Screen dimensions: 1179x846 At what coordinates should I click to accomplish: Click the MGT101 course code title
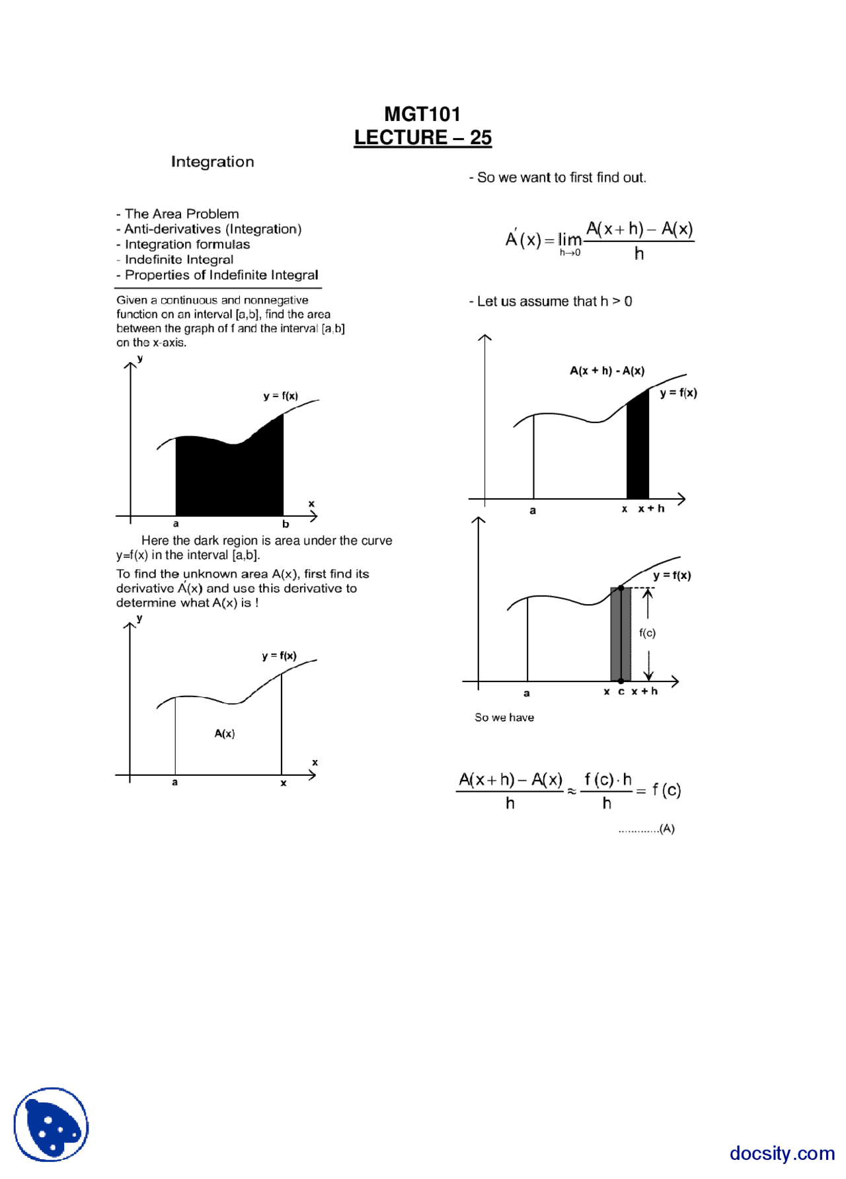point(422,114)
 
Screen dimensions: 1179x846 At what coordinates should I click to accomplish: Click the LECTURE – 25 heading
point(422,137)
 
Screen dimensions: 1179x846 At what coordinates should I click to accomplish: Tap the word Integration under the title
point(212,162)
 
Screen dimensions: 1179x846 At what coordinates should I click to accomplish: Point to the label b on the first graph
point(286,524)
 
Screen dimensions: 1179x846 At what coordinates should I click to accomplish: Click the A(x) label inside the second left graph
point(225,734)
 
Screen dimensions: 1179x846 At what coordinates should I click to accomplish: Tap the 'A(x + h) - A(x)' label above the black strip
point(607,371)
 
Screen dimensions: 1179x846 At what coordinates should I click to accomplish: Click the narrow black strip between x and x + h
point(637,449)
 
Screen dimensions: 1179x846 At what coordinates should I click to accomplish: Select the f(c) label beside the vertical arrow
point(647,633)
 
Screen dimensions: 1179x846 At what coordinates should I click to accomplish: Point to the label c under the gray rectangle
point(621,692)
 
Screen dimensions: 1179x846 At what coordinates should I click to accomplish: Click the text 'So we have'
point(504,718)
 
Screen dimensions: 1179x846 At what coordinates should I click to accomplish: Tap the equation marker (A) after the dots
point(667,829)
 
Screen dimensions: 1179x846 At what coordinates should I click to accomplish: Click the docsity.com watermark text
point(782,1153)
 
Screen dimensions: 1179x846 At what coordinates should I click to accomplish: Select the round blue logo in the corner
point(51,1124)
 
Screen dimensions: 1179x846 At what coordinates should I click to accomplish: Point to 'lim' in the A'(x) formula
point(569,239)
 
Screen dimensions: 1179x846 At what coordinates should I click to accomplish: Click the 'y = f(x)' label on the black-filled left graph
point(280,396)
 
